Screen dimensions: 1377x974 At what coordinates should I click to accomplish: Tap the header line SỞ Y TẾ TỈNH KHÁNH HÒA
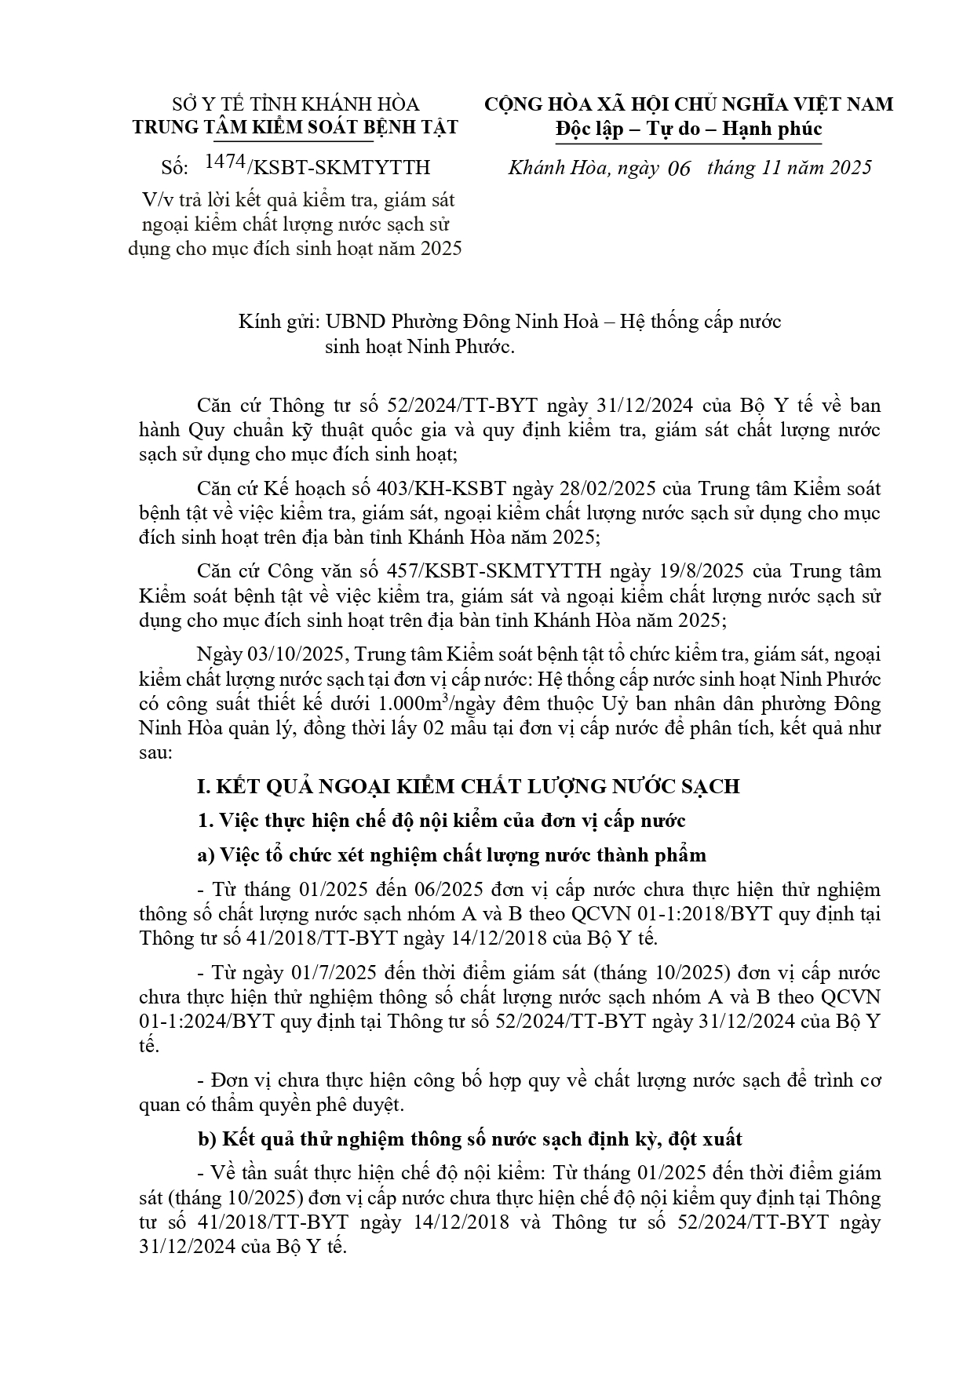[295, 104]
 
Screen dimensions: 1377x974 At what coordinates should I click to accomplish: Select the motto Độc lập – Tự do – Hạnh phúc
[688, 128]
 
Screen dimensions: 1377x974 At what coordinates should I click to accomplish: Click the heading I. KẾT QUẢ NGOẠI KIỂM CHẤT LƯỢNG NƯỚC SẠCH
[468, 786]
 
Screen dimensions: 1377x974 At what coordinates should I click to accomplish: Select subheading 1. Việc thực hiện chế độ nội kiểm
[441, 821]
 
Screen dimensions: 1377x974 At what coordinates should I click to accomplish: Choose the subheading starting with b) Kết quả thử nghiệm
[469, 1138]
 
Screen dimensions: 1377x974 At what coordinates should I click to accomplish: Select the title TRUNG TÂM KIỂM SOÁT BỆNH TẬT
[295, 127]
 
